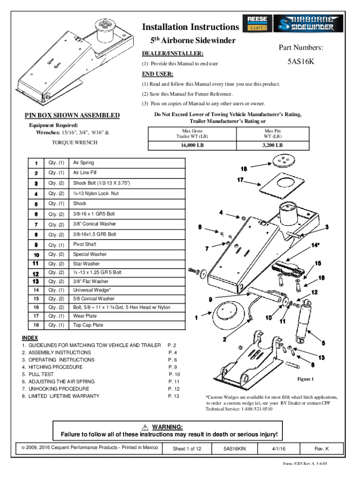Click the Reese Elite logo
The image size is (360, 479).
(x=257, y=23)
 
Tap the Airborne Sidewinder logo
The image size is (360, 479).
(x=308, y=23)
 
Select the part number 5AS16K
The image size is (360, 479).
(x=301, y=61)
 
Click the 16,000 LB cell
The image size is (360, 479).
(x=192, y=145)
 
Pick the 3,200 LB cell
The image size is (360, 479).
(x=273, y=145)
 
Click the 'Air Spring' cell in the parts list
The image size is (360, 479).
(x=83, y=162)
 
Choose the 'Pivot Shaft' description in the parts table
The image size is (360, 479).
(x=85, y=244)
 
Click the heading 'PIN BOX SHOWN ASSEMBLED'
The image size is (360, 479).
(x=72, y=116)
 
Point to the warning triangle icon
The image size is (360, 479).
(x=145, y=427)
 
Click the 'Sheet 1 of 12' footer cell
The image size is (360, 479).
(x=187, y=449)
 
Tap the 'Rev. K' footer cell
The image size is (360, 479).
(x=322, y=449)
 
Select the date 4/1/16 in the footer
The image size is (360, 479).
(x=279, y=449)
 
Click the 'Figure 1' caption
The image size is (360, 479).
(x=305, y=379)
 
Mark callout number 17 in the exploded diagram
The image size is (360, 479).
(x=240, y=180)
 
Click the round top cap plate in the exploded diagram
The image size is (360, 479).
(x=284, y=161)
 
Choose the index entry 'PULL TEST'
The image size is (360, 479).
(x=41, y=374)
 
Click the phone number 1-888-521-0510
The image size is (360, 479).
(x=257, y=409)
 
